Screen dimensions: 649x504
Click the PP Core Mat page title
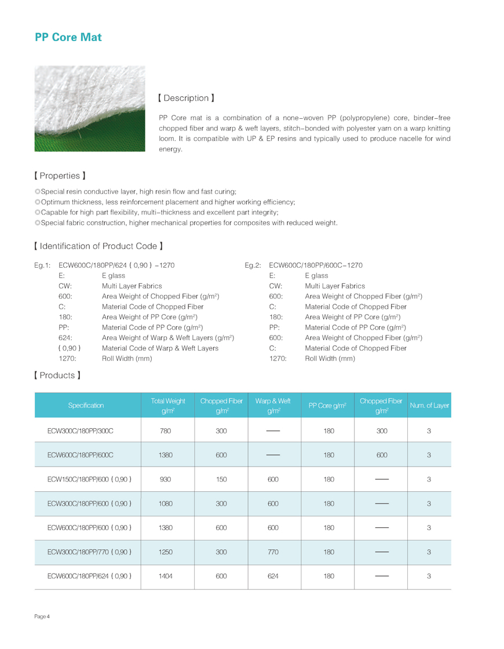point(68,37)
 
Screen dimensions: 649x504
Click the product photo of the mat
point(90,109)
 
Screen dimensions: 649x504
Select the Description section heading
point(186,98)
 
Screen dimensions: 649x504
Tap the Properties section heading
point(60,175)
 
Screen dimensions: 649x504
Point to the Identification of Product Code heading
point(98,246)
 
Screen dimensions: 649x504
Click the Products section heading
point(57,375)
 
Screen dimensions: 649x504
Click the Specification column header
point(86,405)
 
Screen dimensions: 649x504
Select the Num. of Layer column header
point(429,405)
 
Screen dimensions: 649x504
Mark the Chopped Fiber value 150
point(221,479)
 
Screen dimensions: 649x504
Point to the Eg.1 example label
point(43,265)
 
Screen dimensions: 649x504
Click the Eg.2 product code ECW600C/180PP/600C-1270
point(316,265)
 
